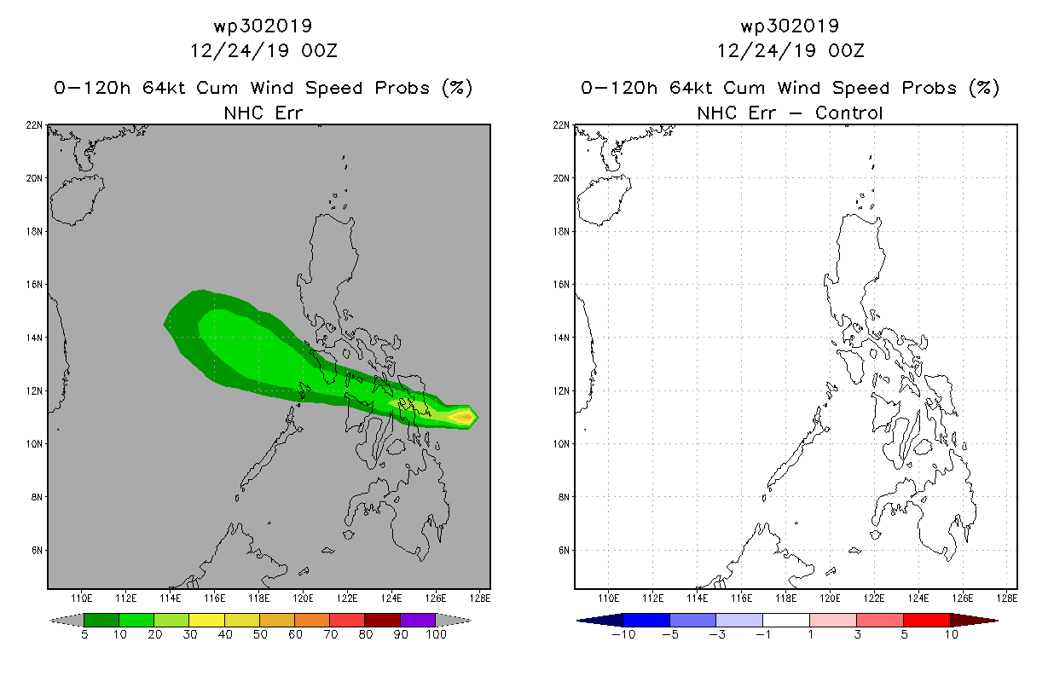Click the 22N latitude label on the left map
[34, 125]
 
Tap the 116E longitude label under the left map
[215, 598]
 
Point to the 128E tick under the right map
[1007, 598]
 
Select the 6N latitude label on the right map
[564, 551]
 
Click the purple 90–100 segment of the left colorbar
[418, 620]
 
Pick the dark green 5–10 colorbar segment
[101, 620]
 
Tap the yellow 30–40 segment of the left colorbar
[206, 620]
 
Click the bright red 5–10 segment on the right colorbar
[927, 620]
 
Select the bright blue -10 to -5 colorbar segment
[646, 620]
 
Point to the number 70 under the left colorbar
[330, 634]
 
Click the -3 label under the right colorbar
[716, 634]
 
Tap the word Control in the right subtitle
[848, 113]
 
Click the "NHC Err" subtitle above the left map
[263, 113]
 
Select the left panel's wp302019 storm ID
[263, 26]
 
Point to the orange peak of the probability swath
[464, 417]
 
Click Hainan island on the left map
[77, 200]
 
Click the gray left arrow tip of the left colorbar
[50, 621]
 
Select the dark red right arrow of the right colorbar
[974, 621]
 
